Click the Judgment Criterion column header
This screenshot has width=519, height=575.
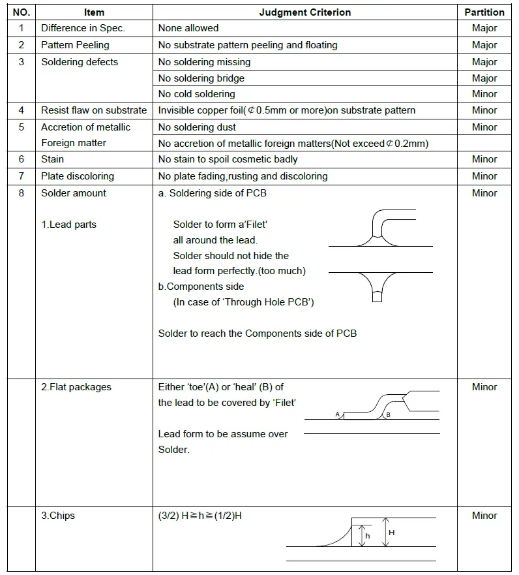304,12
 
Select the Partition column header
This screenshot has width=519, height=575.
484,12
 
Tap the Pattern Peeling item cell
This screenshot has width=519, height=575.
75,45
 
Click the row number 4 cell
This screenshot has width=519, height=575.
22,110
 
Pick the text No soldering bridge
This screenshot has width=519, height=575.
201,78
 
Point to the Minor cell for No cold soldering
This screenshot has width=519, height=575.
484,94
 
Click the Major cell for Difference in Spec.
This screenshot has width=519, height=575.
484,28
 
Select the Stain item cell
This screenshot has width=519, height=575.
53,159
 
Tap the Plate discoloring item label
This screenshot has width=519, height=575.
78,176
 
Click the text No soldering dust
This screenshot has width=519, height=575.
197,127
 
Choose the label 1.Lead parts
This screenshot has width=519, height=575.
68,225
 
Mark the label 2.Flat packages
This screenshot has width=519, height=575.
76,387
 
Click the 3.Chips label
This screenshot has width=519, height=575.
58,516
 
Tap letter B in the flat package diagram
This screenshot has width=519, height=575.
388,414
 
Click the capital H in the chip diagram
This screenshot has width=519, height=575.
391,533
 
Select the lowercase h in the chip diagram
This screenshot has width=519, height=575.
368,536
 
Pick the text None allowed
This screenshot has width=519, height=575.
188,28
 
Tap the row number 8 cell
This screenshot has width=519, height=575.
22,193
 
